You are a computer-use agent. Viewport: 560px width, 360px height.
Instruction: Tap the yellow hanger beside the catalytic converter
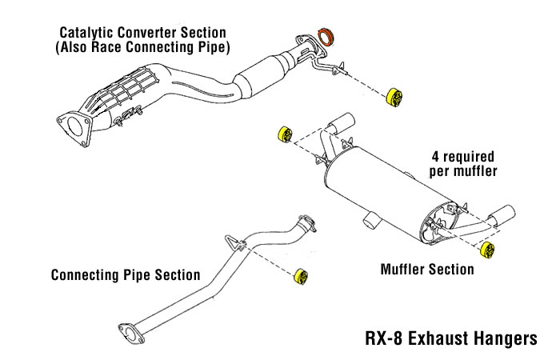point(394,97)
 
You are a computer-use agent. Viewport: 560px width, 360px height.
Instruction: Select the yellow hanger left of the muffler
point(285,134)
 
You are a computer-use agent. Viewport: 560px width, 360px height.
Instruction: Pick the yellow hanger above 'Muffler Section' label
point(487,250)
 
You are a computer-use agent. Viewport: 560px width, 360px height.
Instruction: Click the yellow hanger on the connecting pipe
point(301,276)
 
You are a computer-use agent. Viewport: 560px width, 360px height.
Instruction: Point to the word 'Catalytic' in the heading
point(86,33)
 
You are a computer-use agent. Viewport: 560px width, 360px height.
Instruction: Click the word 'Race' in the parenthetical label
point(106,47)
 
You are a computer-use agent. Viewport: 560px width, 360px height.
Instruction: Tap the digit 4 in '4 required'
point(435,157)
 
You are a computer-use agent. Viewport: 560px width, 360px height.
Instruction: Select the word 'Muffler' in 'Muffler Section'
point(402,270)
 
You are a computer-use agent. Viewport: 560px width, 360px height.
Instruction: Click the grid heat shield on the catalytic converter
point(118,91)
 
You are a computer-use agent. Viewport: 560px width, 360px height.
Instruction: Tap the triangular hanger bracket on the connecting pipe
point(234,242)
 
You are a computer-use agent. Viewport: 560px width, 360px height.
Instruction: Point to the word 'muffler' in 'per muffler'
point(474,171)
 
